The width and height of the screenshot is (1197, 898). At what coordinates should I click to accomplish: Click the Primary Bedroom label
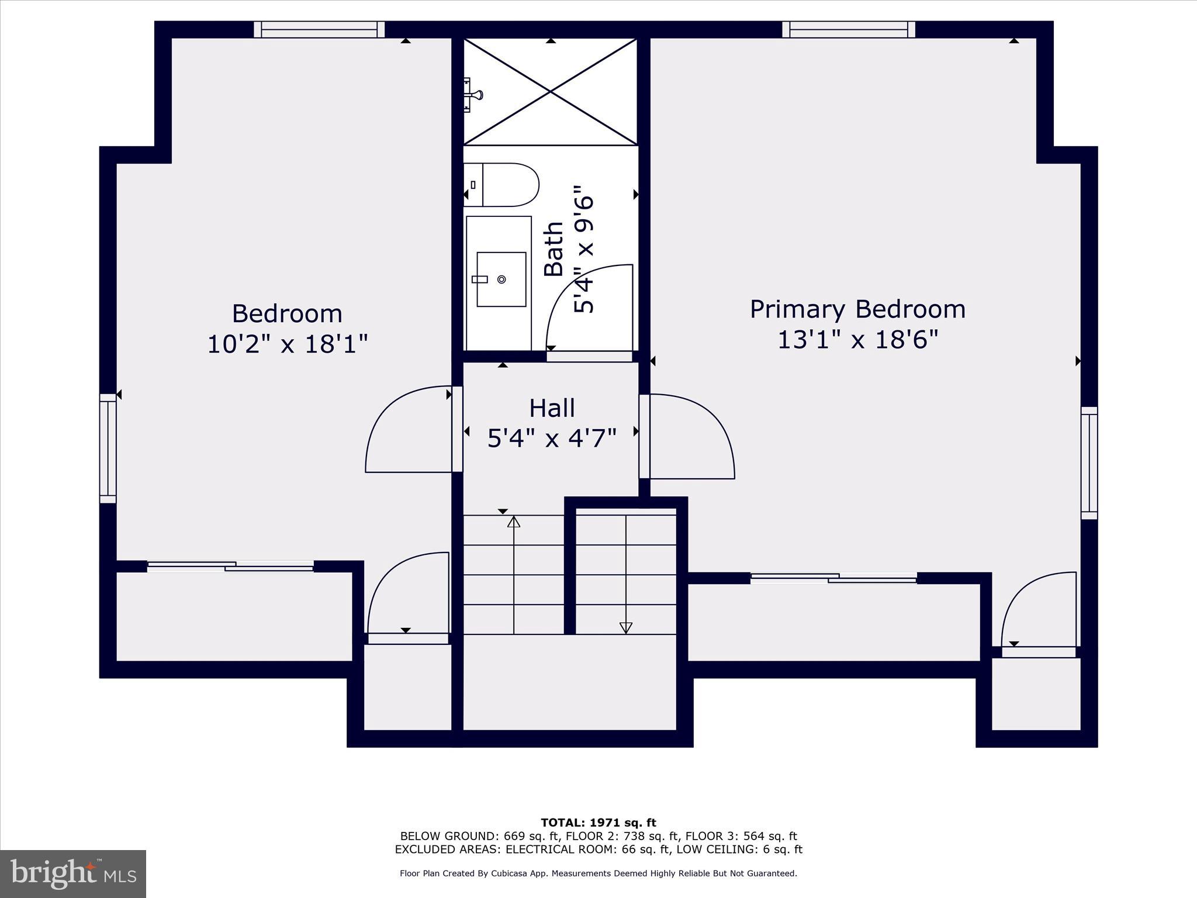point(857,309)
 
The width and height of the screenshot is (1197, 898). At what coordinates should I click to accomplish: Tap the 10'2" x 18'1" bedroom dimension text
point(288,344)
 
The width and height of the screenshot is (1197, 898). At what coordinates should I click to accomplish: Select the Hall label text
point(552,408)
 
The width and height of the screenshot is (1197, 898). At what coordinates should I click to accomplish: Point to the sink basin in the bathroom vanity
point(501,279)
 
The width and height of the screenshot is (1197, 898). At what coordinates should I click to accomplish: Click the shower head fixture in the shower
point(472,94)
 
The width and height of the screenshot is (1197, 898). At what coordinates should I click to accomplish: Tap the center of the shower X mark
point(551,91)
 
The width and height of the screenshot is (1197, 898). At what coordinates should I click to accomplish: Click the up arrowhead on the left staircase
point(514,521)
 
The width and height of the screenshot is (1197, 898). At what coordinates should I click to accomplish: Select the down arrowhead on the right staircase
point(626,627)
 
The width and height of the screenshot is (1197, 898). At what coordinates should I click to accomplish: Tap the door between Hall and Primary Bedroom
point(690,436)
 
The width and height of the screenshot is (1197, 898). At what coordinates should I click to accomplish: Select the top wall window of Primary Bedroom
point(849,29)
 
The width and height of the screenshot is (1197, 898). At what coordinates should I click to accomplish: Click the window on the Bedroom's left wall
point(108,448)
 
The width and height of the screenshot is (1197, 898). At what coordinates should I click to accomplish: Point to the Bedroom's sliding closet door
point(230,566)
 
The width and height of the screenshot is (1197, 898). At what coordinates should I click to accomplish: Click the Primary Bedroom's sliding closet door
point(833,578)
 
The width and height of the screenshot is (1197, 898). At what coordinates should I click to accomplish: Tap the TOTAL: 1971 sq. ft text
point(598,823)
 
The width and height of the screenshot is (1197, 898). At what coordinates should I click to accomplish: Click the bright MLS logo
point(73,874)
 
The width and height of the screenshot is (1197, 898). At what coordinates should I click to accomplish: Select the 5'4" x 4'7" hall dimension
point(552,438)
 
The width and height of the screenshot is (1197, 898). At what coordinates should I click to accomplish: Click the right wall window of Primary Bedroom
point(1089,463)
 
